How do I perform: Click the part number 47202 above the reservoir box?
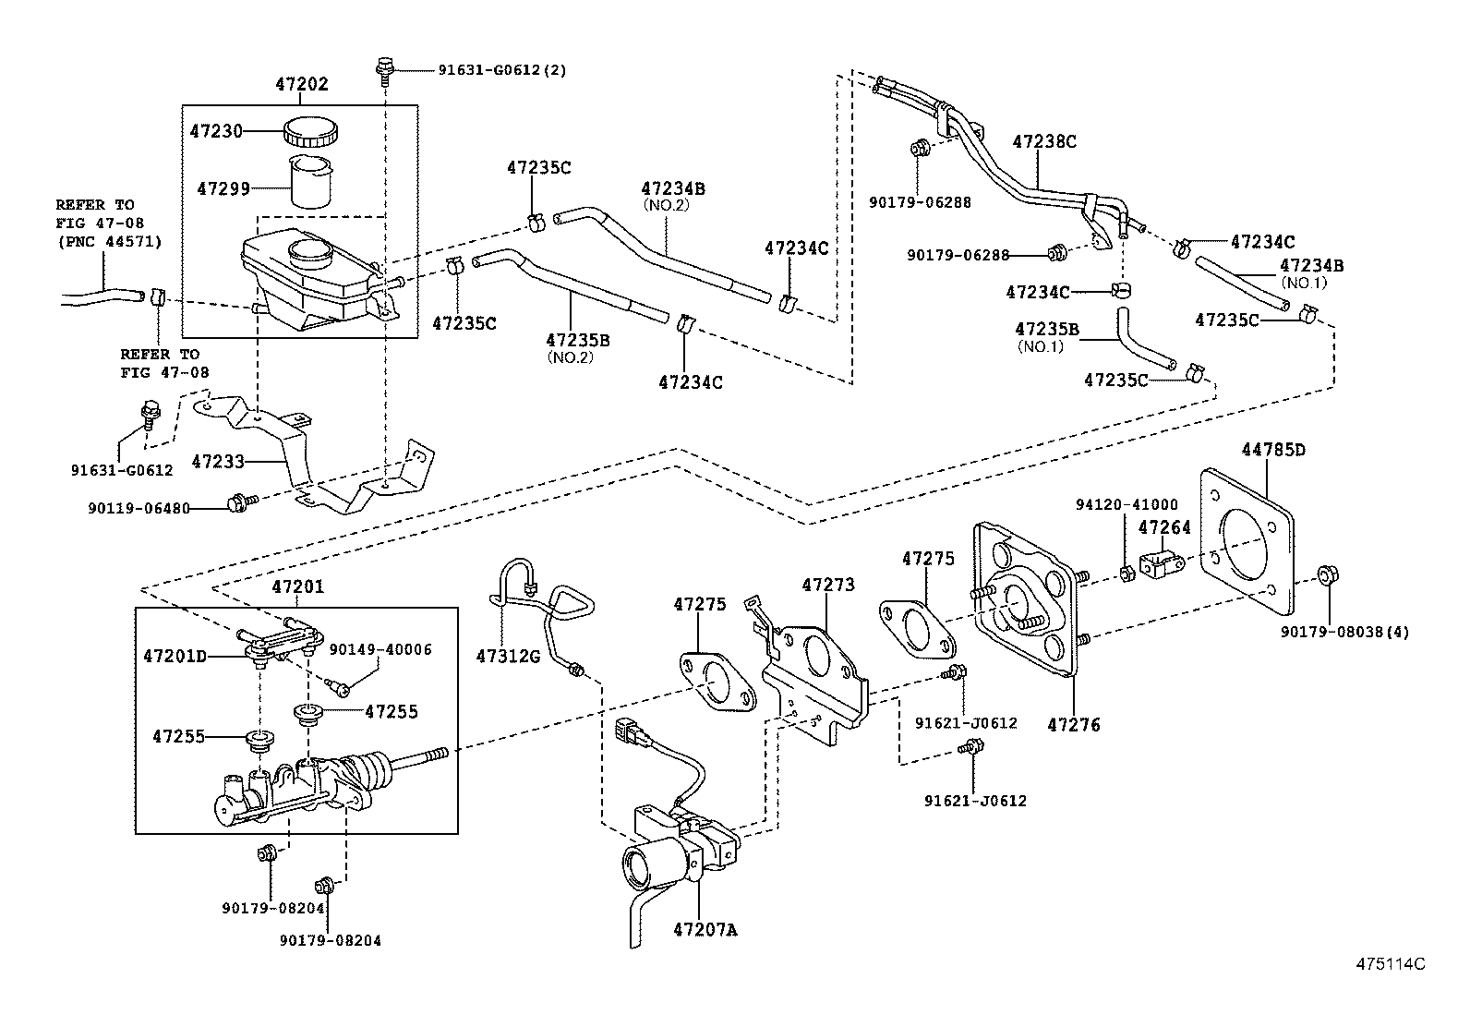pos(301,85)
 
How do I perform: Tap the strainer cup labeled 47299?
pos(311,183)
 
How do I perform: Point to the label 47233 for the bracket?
pos(218,460)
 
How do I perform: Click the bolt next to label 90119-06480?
pos(235,503)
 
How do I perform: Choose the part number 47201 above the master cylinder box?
pos(298,587)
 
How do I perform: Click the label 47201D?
pos(175,657)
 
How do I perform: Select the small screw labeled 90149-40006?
pos(341,687)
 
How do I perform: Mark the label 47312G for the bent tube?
pos(508,656)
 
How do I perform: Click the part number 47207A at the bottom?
pos(705,930)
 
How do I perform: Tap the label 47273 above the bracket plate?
pos(827,586)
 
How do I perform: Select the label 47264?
pos(1164,528)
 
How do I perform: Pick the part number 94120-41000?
pos(1126,505)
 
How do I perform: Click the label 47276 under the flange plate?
pos(1074,725)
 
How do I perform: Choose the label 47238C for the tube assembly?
pos(1044,142)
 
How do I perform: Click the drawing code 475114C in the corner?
pos(1391,964)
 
